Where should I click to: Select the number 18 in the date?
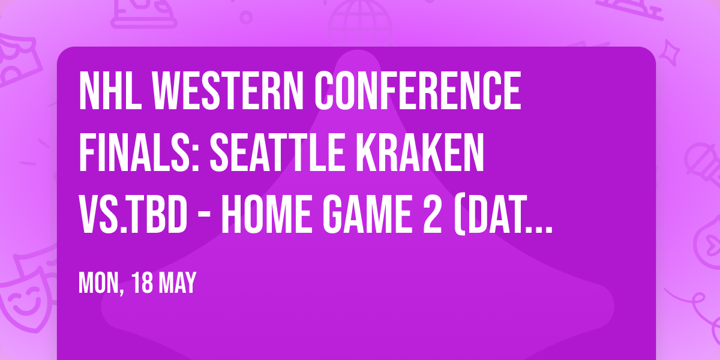click(x=145, y=283)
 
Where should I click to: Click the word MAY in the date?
click(x=179, y=283)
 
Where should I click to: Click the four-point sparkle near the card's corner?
click(x=674, y=52)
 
